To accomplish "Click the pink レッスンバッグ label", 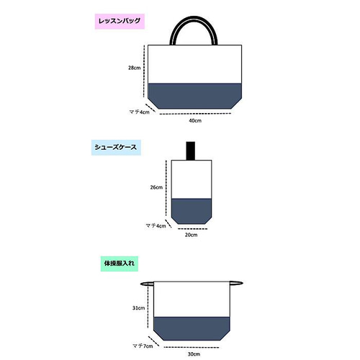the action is coord(120,22).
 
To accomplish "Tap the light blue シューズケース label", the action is coord(116,148).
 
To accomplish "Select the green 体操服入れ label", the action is coord(120,264).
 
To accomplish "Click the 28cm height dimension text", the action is coord(134,68).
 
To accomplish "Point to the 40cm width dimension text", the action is coord(195,121).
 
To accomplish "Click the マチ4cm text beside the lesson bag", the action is coord(139,112).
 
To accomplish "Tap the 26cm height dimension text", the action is coord(156,187).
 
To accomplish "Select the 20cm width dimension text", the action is coord(191,235).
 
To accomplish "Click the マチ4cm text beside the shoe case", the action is coord(156,226).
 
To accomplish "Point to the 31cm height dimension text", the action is coord(138,308).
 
